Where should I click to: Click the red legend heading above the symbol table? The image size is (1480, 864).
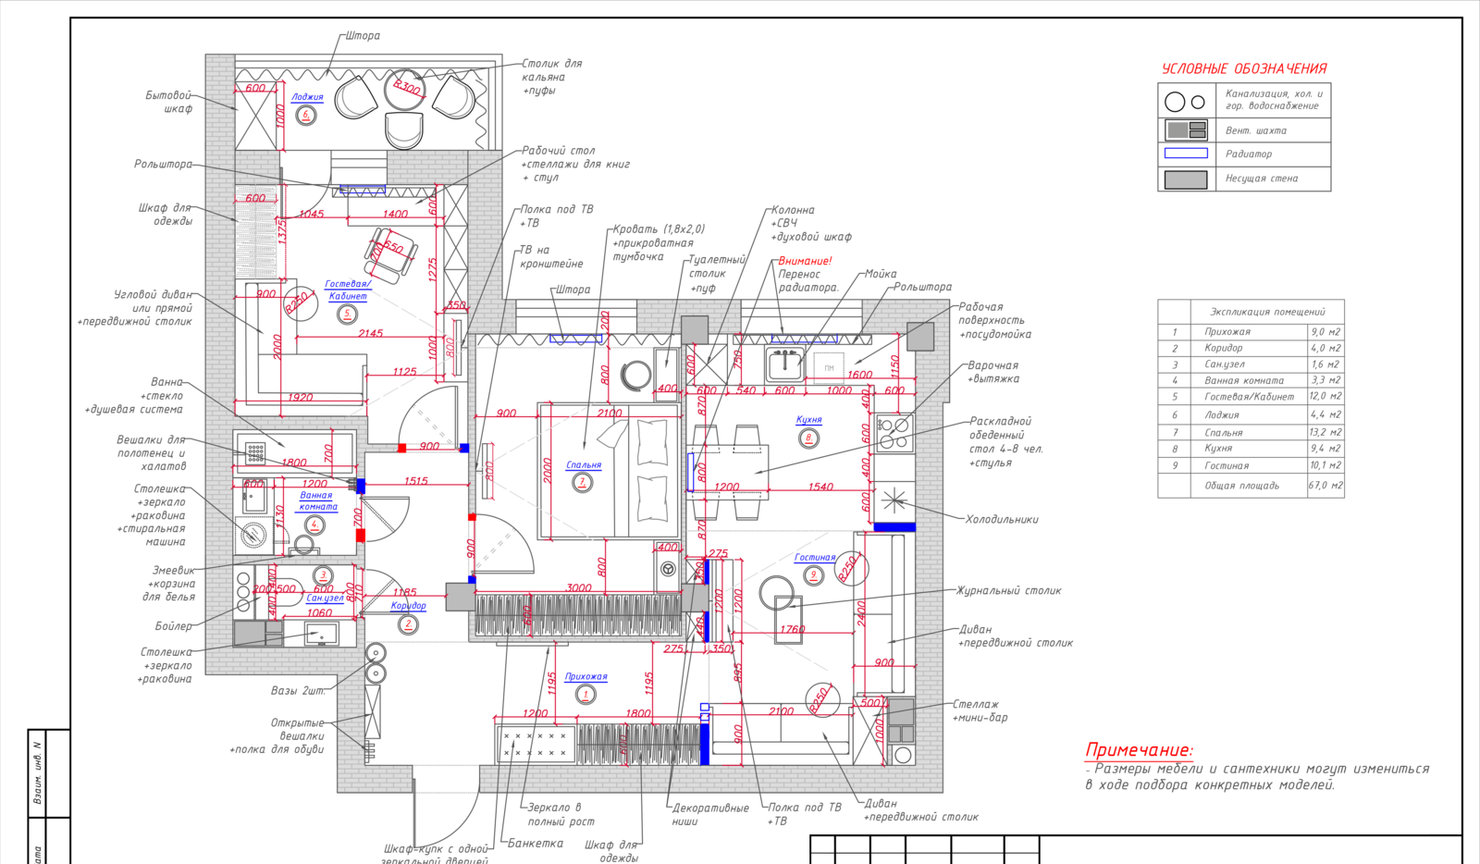[x=1244, y=68]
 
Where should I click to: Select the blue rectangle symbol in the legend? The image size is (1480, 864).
[x=1186, y=154]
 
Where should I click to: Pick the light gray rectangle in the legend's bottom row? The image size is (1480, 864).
[x=1186, y=179]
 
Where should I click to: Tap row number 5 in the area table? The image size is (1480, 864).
[x=1175, y=397]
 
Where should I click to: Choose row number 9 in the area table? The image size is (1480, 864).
[x=1175, y=465]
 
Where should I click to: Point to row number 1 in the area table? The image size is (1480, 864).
[x=1175, y=331]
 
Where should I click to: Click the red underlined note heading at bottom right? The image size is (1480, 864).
[x=1138, y=750]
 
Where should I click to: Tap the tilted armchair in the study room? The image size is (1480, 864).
[x=392, y=254]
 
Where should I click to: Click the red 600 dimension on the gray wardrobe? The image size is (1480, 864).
[x=255, y=198]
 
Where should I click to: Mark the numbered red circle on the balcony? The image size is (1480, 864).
[x=306, y=115]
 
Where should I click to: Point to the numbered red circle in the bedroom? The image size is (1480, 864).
[x=583, y=482]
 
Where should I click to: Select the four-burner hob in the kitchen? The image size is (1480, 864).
[x=894, y=432]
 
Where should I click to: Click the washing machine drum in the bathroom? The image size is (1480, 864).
[x=251, y=534]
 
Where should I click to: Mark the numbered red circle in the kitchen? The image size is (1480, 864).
[x=808, y=438]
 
